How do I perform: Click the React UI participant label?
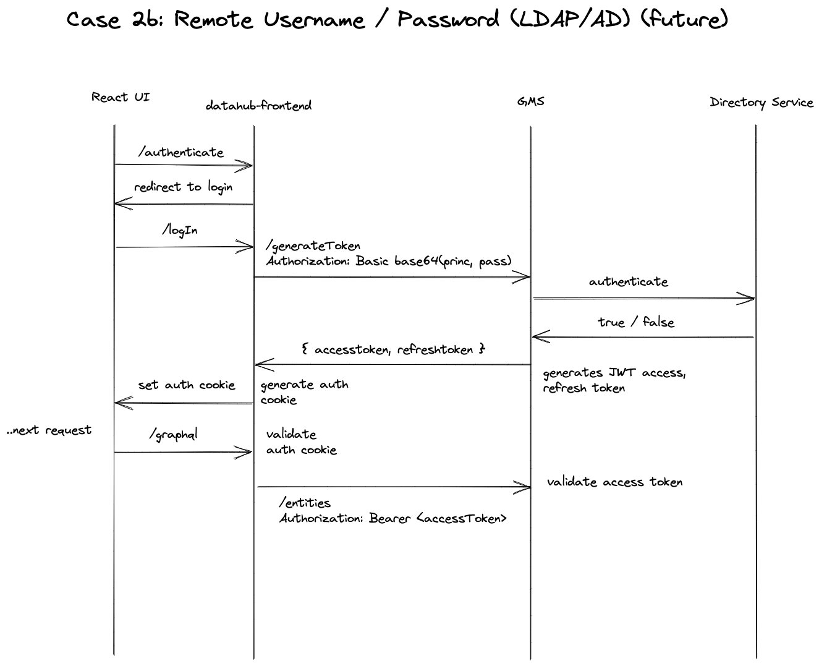121,97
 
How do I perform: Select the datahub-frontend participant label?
258,106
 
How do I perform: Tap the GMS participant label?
530,101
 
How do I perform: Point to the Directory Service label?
762,103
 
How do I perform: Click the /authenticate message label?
181,152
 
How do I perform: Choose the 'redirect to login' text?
184,187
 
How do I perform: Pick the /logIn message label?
180,230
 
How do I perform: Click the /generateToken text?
313,246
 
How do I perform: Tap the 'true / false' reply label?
636,322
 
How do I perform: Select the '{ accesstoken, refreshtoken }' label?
393,349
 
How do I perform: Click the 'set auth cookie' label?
187,385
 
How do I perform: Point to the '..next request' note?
49,430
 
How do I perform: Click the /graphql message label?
174,435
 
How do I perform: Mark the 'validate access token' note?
614,482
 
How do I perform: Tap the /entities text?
305,503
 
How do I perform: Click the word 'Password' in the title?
448,19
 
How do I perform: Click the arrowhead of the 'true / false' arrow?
535,336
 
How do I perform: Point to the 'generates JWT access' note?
614,373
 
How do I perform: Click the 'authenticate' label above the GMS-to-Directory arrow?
629,282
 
